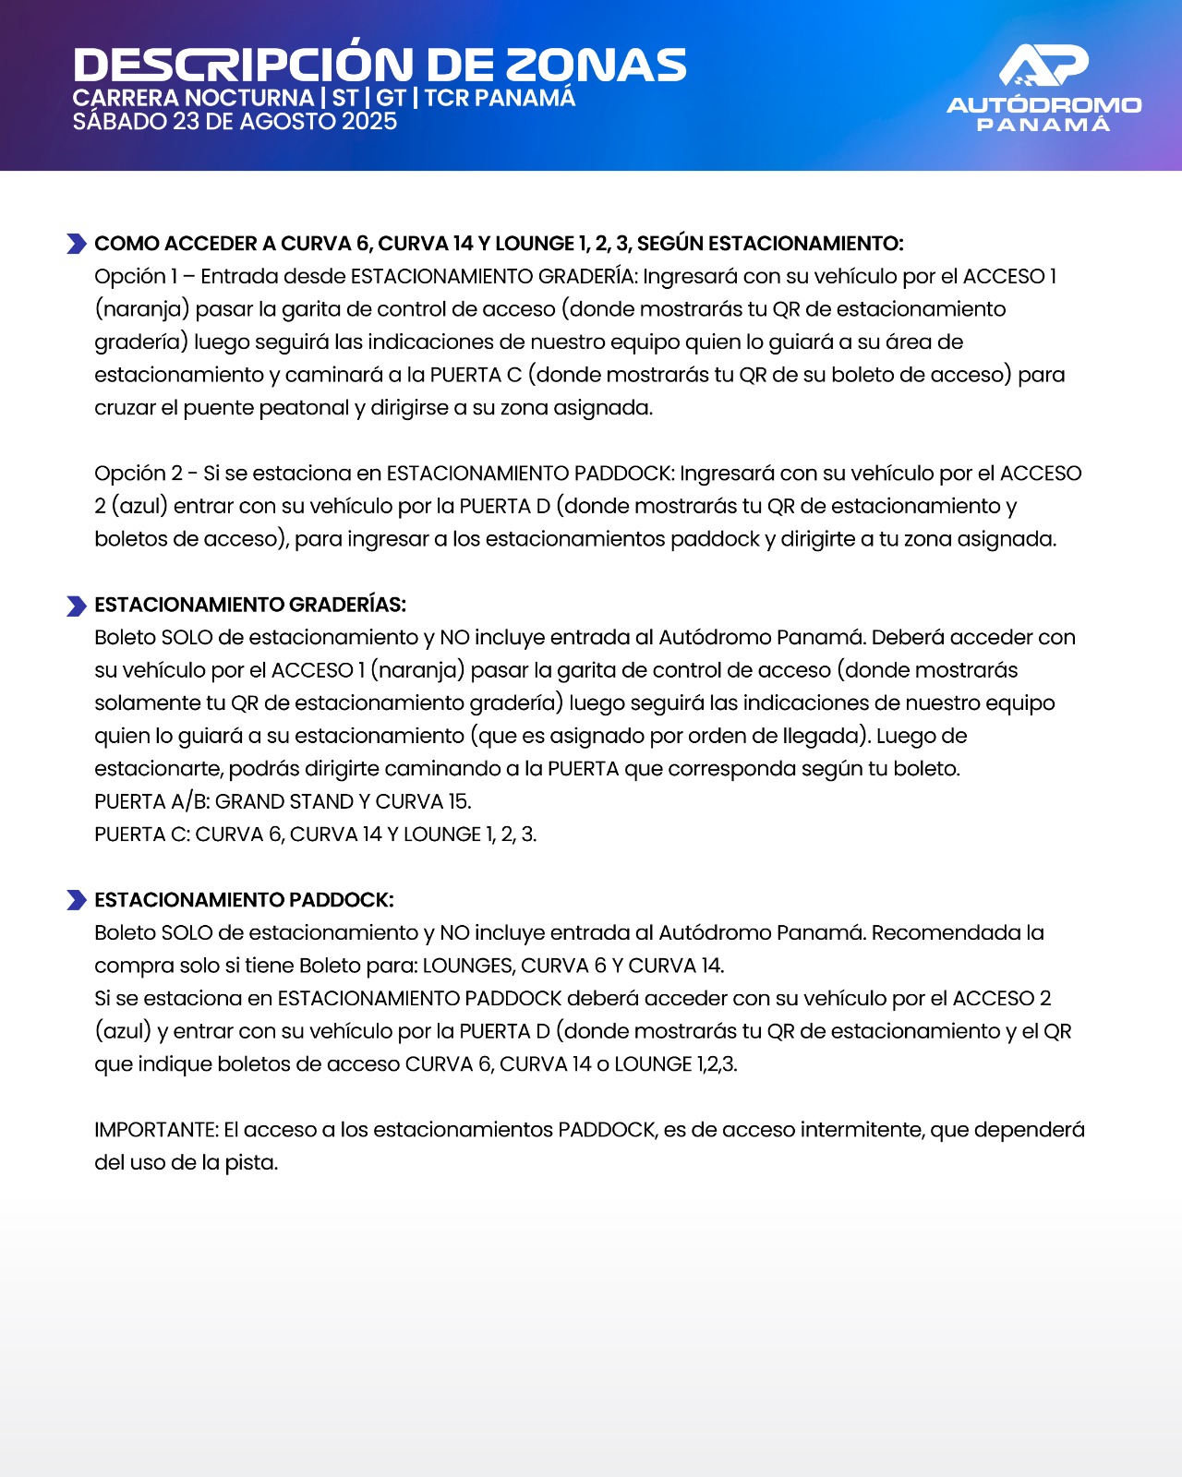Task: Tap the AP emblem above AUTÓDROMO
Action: click(1043, 66)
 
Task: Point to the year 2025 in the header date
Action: click(369, 122)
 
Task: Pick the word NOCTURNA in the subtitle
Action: click(249, 98)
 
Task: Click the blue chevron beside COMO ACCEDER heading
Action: click(77, 244)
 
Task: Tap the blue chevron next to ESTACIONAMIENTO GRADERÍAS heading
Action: click(77, 606)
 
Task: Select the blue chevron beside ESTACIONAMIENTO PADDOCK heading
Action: click(77, 900)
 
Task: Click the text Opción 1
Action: click(136, 276)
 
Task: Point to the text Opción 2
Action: click(139, 474)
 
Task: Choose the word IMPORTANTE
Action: click(155, 1130)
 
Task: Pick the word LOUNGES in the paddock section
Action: click(468, 966)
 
